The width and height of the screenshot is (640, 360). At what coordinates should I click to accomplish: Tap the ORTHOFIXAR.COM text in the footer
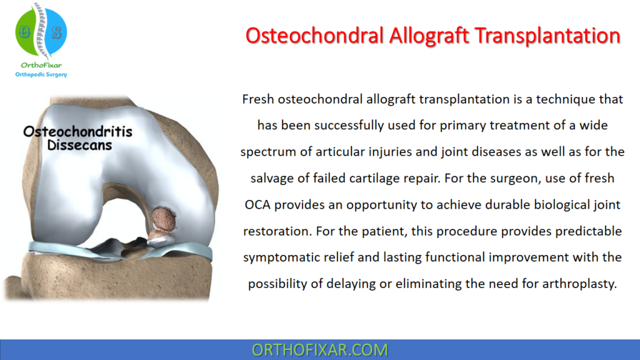319,350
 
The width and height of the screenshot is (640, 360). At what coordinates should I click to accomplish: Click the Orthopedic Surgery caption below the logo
41,75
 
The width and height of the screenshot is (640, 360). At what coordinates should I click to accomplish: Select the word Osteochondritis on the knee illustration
77,132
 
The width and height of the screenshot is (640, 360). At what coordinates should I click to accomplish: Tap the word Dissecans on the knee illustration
77,145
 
